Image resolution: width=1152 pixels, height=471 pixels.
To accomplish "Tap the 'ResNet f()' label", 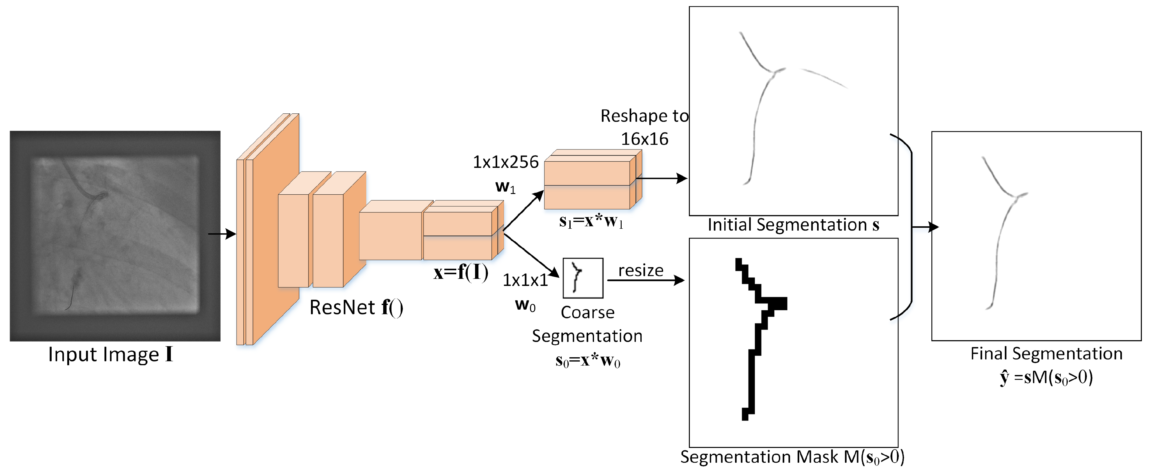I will pyautogui.click(x=356, y=308).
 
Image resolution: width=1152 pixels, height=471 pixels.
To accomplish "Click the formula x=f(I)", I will pyautogui.click(x=461, y=272).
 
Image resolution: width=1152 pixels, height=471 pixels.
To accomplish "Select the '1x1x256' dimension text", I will pyautogui.click(x=505, y=162).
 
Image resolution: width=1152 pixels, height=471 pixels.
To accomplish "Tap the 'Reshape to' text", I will pyautogui.click(x=644, y=116).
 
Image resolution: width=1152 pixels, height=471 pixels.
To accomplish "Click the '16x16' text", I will pyautogui.click(x=644, y=139).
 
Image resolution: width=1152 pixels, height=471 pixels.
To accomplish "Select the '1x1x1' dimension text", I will pyautogui.click(x=525, y=280).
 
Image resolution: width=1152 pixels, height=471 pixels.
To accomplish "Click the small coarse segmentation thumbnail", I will pyautogui.click(x=583, y=278).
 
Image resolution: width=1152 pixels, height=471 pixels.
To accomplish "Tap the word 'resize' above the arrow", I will pyautogui.click(x=640, y=271).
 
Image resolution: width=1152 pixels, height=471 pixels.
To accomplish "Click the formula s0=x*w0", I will pyautogui.click(x=587, y=361).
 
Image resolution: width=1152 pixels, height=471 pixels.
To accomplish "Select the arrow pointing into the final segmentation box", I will pyautogui.click(x=926, y=227).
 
